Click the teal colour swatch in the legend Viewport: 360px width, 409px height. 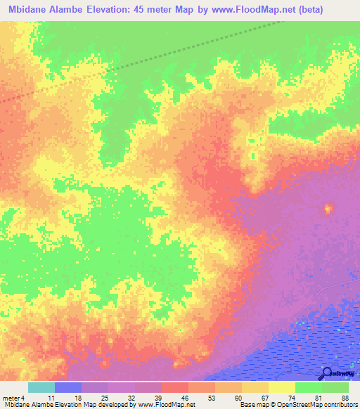coord(41,387)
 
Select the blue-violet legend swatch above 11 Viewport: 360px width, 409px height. coord(68,387)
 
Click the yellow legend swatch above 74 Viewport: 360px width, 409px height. coord(282,387)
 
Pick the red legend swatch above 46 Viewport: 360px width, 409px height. coord(175,387)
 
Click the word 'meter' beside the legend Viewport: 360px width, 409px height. coord(12,397)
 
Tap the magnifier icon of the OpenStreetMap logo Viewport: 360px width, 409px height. coord(327,373)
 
